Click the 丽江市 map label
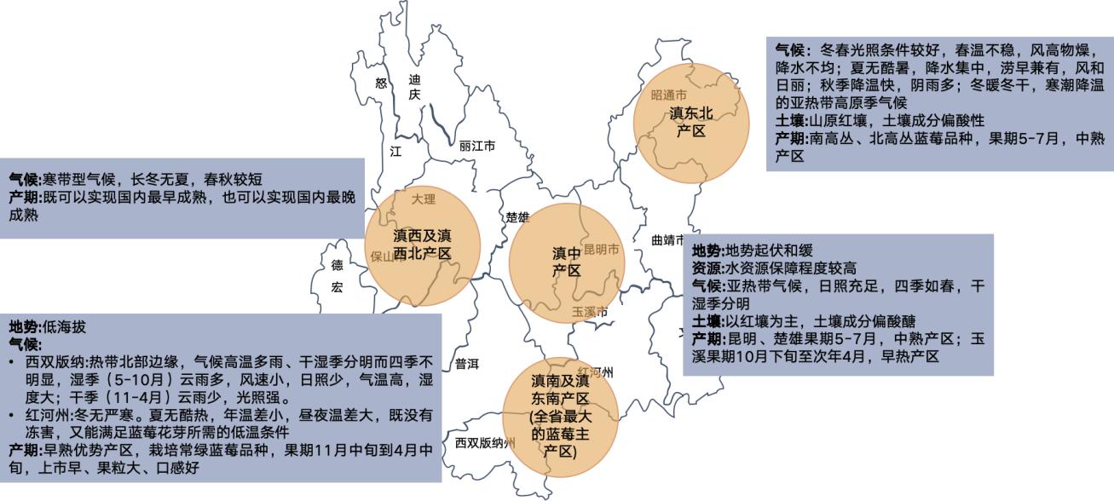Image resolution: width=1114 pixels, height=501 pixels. [x=477, y=146]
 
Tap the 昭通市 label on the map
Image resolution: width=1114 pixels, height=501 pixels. [x=668, y=95]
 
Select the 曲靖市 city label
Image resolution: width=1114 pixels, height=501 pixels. [x=668, y=239]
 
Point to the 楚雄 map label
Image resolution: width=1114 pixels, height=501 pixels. [x=517, y=216]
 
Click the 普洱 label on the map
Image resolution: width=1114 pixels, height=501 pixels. [x=467, y=364]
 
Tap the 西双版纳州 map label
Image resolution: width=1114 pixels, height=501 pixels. [x=485, y=443]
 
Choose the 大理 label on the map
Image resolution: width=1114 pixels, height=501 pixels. [x=423, y=199]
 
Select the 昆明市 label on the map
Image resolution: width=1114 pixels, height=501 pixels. [x=602, y=250]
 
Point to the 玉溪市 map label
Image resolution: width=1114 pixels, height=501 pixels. [x=590, y=313]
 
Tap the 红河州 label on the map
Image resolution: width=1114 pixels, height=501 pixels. [x=596, y=372]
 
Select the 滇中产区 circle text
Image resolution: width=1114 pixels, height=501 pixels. [x=567, y=262]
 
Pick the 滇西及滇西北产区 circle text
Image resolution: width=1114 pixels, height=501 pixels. [x=422, y=244]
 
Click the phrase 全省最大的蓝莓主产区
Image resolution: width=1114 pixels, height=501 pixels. [x=559, y=434]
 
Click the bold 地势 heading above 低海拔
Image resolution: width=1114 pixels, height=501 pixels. [x=24, y=327]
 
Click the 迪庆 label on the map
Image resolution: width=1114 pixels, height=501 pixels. [x=414, y=87]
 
